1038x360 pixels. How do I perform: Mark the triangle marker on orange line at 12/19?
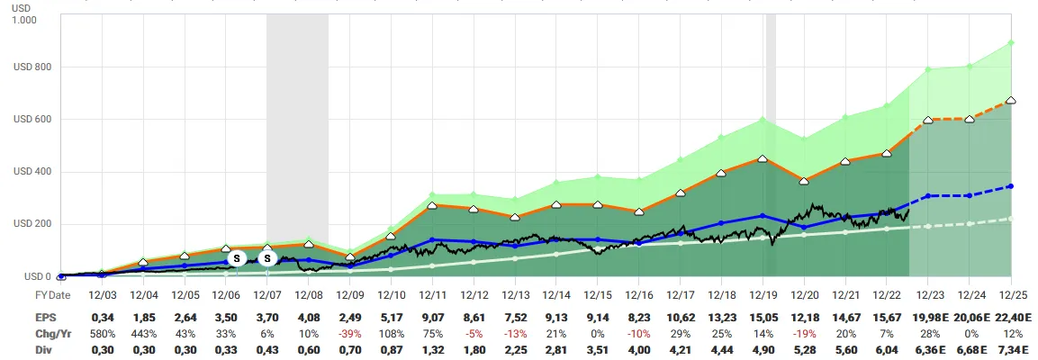pyautogui.click(x=763, y=158)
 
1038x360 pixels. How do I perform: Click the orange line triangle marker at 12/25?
pyautogui.click(x=1010, y=101)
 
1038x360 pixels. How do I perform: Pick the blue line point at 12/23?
pyautogui.click(x=928, y=196)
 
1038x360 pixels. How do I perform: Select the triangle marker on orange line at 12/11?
pyautogui.click(x=432, y=205)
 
